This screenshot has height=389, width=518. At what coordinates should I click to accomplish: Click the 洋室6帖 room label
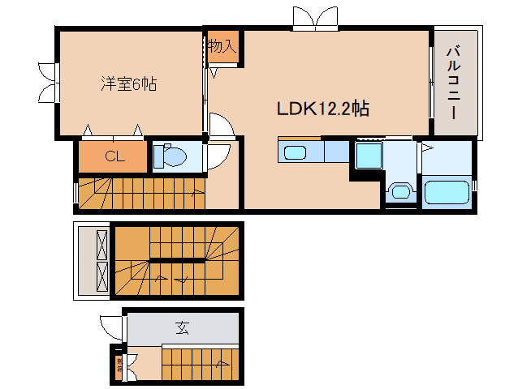tap(128, 83)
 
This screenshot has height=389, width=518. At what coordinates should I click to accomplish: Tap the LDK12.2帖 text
tap(323, 108)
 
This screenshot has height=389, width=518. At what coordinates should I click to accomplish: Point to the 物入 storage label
tap(221, 46)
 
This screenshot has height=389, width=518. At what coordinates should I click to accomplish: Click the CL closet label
tap(114, 157)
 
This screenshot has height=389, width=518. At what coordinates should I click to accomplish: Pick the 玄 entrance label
tap(183, 328)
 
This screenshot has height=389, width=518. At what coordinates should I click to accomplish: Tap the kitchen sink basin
tap(293, 152)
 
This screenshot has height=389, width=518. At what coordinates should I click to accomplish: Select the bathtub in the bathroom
tap(446, 193)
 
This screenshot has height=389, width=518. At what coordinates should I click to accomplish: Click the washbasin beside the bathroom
tap(399, 191)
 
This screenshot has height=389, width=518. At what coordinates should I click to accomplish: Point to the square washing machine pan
tap(368, 155)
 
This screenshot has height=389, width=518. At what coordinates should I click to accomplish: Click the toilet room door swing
tap(217, 156)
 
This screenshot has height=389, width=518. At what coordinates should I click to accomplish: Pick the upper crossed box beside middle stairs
tap(101, 244)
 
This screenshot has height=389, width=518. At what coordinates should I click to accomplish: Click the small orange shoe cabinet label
tap(119, 363)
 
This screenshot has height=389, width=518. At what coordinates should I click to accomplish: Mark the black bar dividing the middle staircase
tap(177, 260)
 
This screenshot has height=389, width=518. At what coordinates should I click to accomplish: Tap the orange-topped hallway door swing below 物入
tap(221, 125)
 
